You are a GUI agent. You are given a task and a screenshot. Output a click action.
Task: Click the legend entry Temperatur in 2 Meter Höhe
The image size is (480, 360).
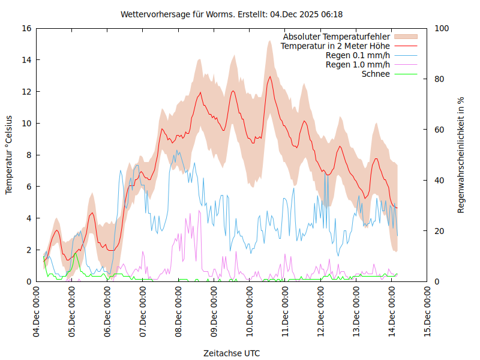coord(335,46)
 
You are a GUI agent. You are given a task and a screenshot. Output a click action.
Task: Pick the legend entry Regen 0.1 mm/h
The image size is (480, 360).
coord(358,56)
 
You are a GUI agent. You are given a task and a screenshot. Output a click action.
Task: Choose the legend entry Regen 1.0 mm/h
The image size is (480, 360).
coord(358,65)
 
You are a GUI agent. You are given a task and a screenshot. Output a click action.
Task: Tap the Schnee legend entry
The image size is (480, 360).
coord(376,74)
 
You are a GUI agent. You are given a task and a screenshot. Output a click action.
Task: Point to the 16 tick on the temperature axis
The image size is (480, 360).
coord(26,28)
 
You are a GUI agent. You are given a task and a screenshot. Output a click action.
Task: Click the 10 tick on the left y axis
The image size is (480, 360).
coord(26,123)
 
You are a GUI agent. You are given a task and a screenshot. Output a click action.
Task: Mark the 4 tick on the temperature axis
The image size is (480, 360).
coord(28,218)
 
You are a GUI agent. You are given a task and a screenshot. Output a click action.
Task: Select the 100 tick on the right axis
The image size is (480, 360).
coord(440,28)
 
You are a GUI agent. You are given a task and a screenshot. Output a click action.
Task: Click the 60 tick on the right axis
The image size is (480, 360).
coord(439,130)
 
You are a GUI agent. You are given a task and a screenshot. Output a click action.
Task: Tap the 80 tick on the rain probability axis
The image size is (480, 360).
coord(439,79)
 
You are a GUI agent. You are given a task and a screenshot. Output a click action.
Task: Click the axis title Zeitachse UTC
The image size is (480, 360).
coord(232,353)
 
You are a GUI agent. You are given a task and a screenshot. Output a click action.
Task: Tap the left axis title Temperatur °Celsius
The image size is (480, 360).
coord(9,155)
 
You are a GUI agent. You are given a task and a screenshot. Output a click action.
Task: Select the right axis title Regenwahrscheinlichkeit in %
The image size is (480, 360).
coord(461,155)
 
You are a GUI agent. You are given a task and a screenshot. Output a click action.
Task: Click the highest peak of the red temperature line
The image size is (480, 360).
coord(271,77)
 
